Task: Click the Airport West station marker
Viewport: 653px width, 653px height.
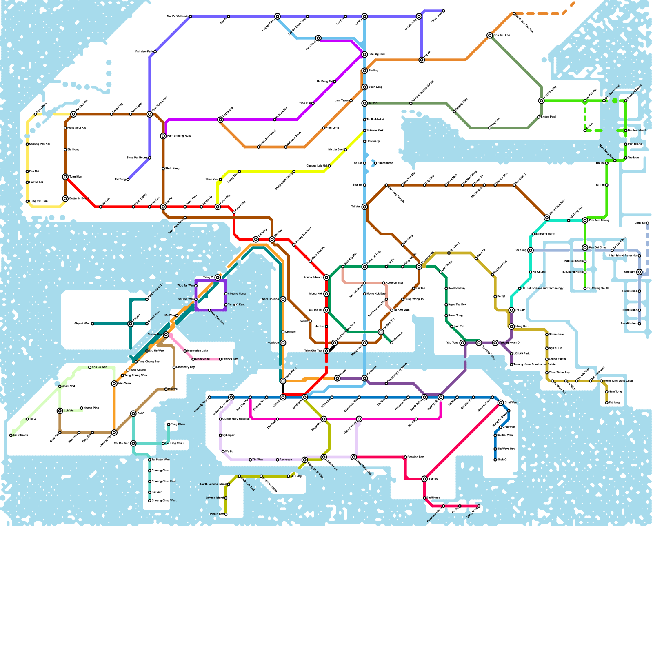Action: point(93,324)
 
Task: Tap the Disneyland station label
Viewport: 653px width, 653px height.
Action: point(202,359)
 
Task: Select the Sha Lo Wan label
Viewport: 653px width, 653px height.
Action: point(100,367)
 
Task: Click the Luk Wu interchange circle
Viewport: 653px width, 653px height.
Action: point(60,411)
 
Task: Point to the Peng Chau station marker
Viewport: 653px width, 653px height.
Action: point(169,424)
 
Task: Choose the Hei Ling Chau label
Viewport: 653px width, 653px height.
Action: point(175,443)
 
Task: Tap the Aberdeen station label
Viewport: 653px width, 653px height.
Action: point(286,460)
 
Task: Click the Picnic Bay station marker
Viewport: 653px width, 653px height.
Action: point(226,514)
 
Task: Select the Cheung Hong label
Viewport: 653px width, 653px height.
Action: point(237,294)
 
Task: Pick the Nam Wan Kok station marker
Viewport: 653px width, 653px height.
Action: point(209,311)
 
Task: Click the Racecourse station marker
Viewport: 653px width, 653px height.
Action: point(375,163)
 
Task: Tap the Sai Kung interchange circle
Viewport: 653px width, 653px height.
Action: point(531,251)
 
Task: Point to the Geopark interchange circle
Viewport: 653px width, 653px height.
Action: point(640,272)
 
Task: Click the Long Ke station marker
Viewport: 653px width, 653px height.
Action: point(647,223)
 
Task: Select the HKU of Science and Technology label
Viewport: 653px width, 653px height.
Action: point(543,289)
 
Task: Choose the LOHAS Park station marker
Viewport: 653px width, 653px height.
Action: point(511,354)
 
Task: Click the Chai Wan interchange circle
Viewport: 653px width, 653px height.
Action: point(501,403)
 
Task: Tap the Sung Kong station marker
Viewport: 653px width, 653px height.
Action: point(479,506)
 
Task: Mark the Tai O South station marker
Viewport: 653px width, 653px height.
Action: point(11,435)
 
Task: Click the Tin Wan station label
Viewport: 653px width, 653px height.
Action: point(257,460)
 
